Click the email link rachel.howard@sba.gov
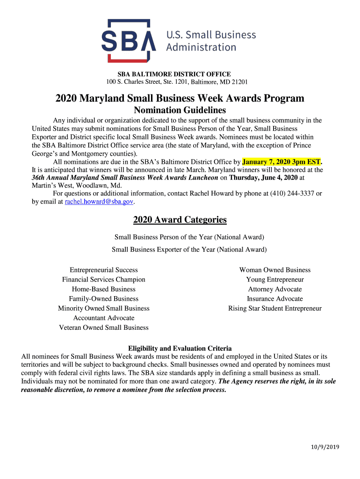point(99,202)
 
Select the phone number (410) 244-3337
point(293,193)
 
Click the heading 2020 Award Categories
point(180,220)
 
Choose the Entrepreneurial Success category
point(104,270)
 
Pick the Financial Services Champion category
point(104,280)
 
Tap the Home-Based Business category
point(104,289)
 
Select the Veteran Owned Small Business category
point(104,327)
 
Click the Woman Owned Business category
point(275,270)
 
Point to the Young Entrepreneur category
point(275,280)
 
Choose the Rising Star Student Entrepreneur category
point(275,308)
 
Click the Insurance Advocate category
point(275,299)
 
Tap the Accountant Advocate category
point(104,318)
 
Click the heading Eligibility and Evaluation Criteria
point(180,348)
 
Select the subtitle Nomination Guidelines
point(180,110)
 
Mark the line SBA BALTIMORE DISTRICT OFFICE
point(174,74)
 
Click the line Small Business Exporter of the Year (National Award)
point(189,250)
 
